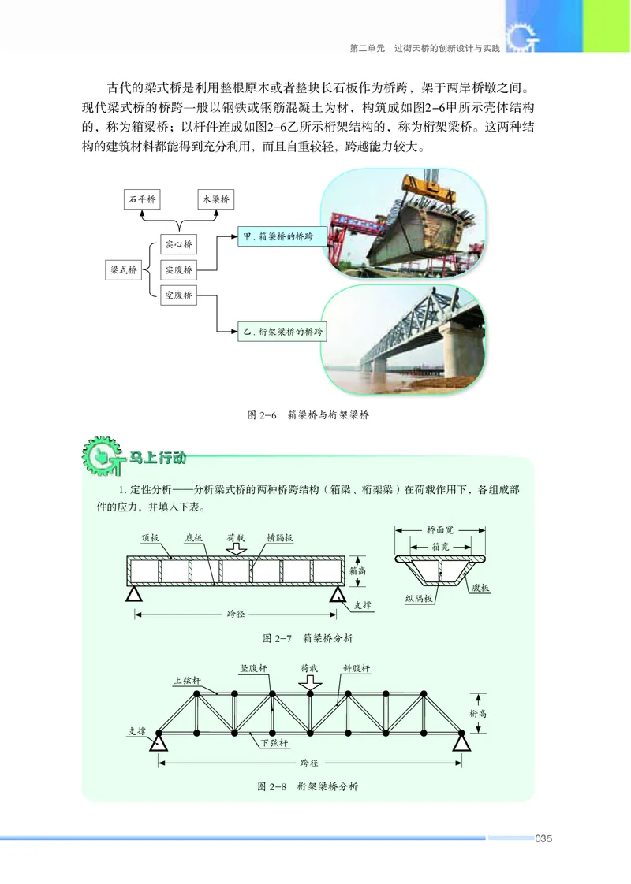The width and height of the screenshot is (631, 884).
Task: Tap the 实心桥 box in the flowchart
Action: tap(179, 243)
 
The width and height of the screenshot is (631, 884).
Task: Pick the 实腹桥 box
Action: tap(179, 269)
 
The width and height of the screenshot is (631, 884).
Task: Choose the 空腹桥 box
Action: tap(179, 295)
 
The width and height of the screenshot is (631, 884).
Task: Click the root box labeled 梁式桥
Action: tap(123, 269)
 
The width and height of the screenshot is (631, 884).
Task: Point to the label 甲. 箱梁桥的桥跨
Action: tap(282, 236)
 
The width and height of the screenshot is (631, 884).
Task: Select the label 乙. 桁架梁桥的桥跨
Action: tap(282, 332)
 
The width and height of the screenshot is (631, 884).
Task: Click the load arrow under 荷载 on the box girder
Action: tap(236, 549)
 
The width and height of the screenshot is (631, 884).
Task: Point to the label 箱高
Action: tap(357, 571)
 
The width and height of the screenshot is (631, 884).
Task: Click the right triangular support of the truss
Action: tap(460, 742)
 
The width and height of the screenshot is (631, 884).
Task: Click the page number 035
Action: tap(543, 838)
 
